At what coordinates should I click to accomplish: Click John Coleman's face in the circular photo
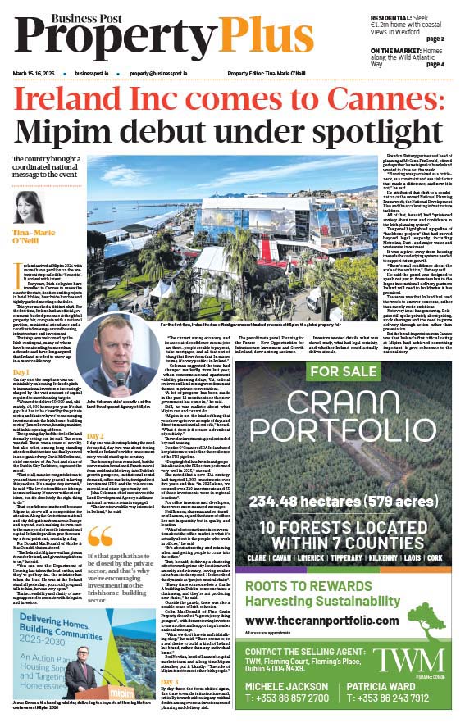pos(117,359)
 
